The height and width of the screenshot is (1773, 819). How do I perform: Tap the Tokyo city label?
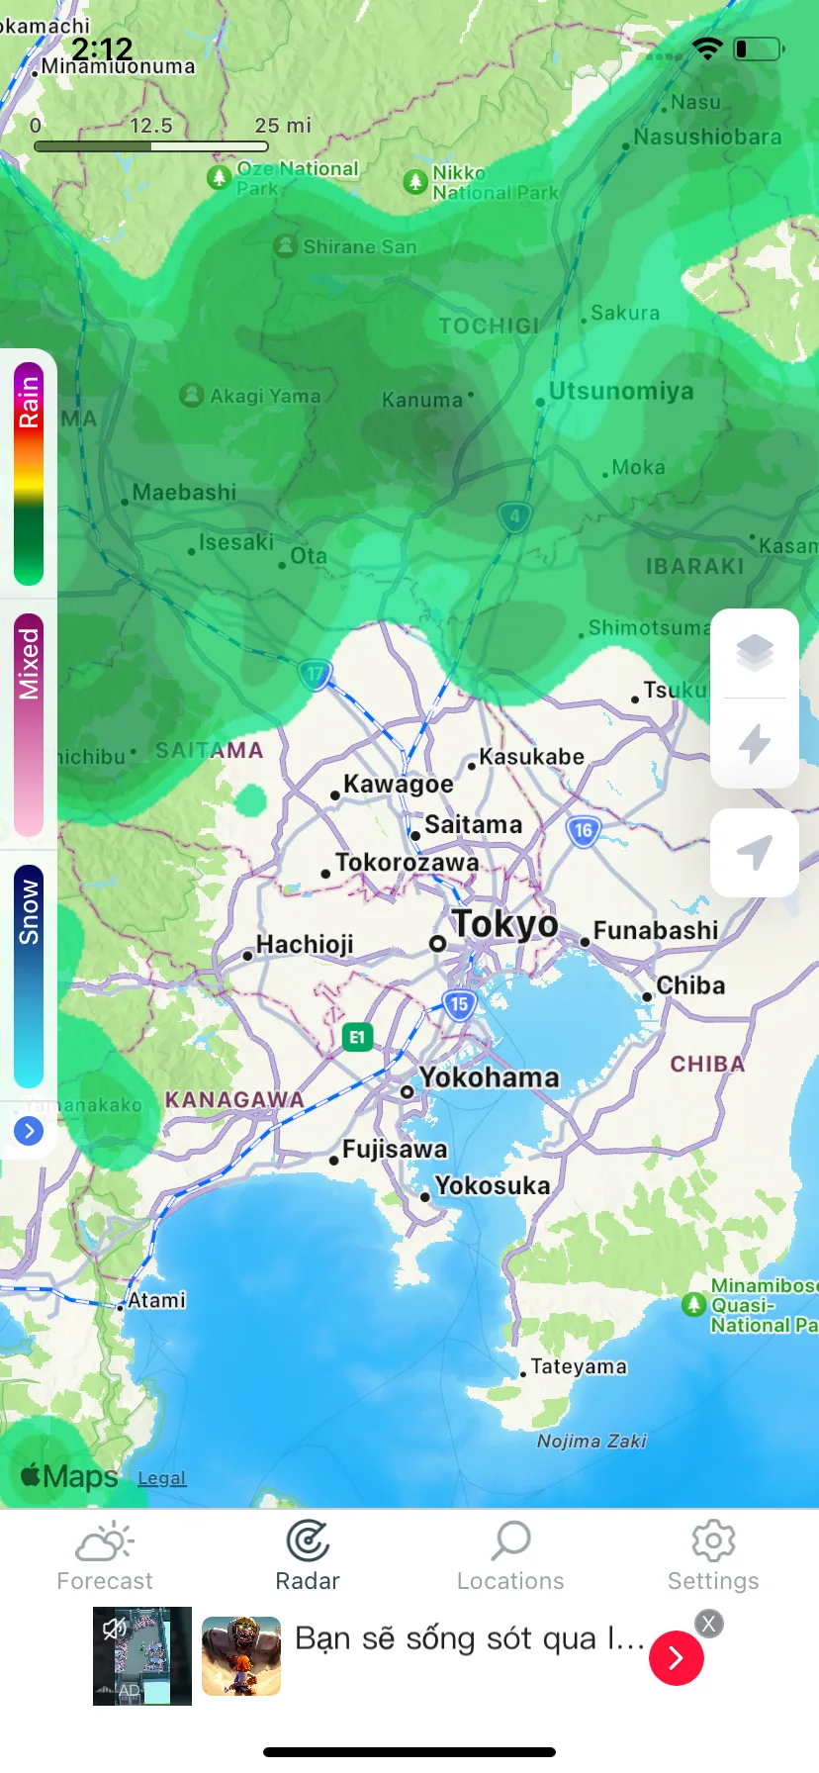[504, 924]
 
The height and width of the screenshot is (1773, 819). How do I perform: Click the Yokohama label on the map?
[489, 1077]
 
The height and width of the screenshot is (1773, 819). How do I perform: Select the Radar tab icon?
[308, 1540]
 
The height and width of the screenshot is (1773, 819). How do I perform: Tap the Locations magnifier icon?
[511, 1540]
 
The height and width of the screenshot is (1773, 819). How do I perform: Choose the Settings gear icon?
[713, 1540]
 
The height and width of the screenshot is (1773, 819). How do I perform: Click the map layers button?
[755, 653]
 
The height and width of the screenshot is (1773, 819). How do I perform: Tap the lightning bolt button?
[755, 744]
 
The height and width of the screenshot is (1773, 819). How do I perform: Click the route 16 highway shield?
[584, 831]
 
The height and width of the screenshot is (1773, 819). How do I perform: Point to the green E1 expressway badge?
[357, 1037]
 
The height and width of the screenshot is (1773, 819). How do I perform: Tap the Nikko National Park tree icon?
[415, 182]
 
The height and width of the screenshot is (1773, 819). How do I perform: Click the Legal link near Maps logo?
[162, 1478]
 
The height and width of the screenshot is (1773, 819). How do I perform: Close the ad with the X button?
[708, 1624]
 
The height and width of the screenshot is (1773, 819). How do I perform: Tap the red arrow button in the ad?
[677, 1658]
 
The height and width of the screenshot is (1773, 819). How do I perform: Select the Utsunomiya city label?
[621, 391]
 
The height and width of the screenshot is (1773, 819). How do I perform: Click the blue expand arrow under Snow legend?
[29, 1130]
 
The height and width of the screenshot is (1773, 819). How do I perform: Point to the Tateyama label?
[579, 1366]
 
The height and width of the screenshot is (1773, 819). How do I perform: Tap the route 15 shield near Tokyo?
[459, 1005]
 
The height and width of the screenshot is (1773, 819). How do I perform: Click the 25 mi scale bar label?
[283, 126]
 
